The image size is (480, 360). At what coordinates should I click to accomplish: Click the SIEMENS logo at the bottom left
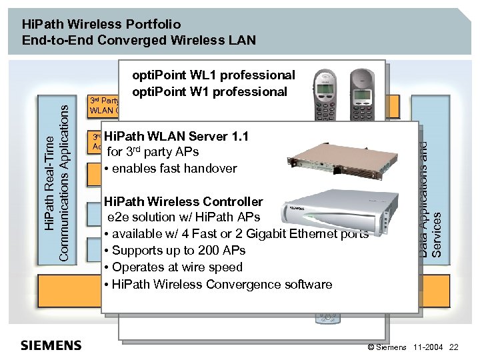[x=51, y=345]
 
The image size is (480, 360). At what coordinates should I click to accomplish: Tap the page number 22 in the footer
[x=454, y=347]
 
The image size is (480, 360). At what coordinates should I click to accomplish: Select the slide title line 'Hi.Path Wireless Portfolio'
[x=101, y=24]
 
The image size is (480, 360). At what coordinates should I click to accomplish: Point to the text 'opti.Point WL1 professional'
[x=213, y=75]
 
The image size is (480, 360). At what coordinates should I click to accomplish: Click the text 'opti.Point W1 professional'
[x=210, y=91]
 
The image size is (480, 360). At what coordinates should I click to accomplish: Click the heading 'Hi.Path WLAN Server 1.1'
[x=176, y=137]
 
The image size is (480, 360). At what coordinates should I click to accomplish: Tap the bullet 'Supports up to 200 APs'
[x=175, y=251]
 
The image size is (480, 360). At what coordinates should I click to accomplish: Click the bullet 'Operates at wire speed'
[x=173, y=267]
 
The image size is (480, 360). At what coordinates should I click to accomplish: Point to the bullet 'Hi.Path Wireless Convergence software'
[x=218, y=284]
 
